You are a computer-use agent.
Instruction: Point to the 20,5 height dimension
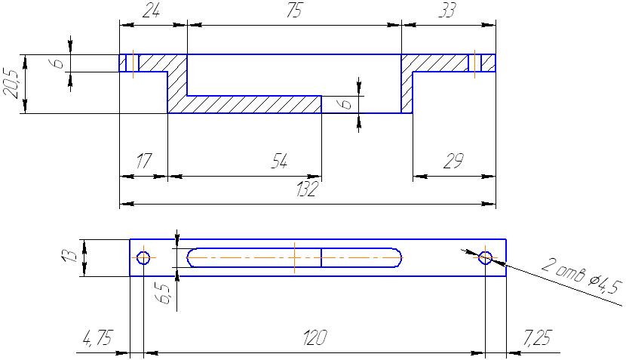[11, 84]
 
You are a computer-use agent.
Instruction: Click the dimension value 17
[143, 161]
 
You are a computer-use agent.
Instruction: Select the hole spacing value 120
[311, 337]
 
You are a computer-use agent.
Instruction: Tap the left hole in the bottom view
[143, 257]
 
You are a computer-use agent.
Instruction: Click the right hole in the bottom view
[485, 257]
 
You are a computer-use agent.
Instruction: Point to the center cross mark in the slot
[294, 257]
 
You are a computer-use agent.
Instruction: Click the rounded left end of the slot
[192, 257]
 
